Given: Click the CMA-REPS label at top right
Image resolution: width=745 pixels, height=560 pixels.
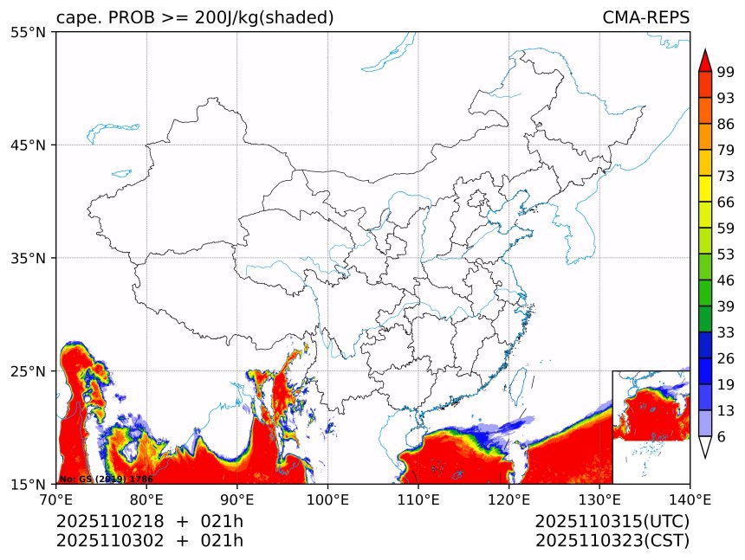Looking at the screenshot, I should click(645, 18).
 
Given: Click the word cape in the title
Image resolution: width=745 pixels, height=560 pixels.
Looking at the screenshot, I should click(74, 18).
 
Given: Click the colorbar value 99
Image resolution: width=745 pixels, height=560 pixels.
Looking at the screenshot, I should click(726, 73).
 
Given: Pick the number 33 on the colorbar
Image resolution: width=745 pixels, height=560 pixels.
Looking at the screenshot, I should click(726, 332).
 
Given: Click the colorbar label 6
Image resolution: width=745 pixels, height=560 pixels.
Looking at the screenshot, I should click(722, 437).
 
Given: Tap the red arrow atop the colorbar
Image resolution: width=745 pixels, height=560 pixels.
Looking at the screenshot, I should click(704, 60).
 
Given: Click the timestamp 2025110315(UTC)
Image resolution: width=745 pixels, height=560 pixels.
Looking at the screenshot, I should click(612, 522).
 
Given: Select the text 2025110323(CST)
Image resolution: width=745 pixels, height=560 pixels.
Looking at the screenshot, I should click(612, 541).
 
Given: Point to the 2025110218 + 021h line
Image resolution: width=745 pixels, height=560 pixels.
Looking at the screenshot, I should click(149, 522).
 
